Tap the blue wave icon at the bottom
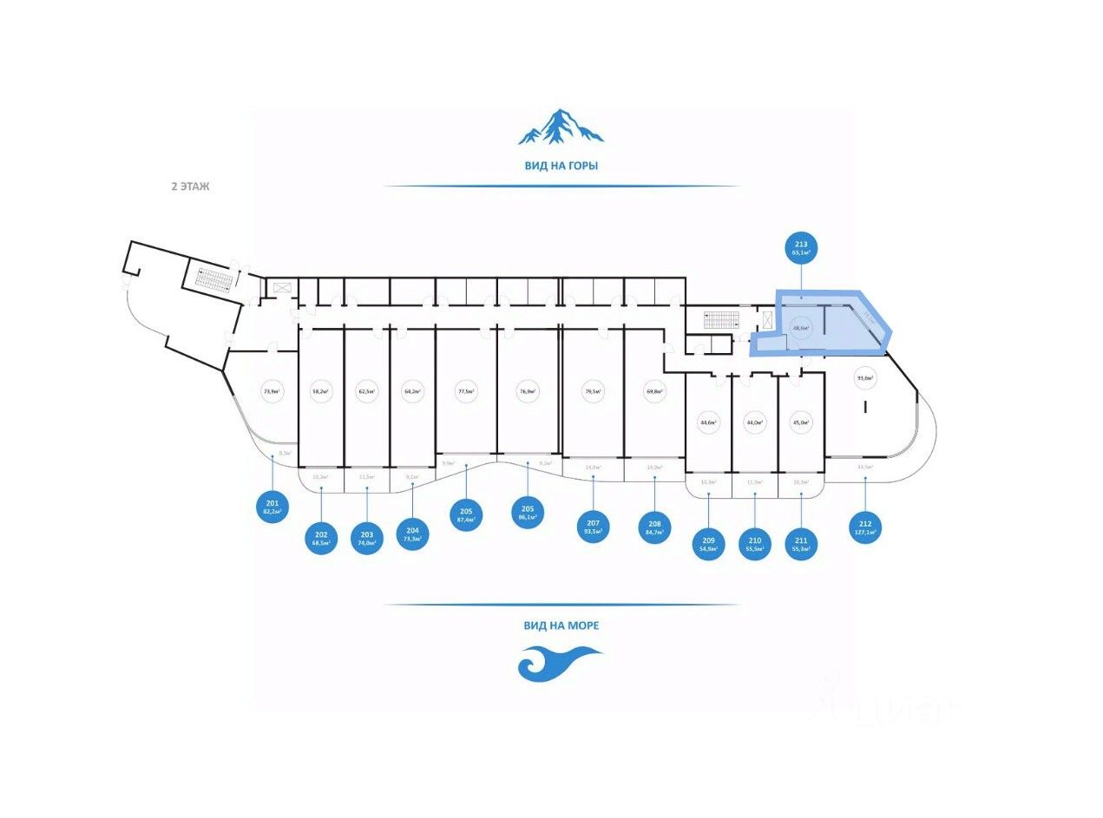click(559, 664)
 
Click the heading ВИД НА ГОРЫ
click(561, 165)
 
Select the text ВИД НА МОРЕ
click(561, 625)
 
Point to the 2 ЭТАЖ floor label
click(190, 186)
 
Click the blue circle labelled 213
click(800, 249)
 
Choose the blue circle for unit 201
click(272, 505)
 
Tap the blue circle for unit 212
click(865, 527)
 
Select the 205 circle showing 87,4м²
click(466, 514)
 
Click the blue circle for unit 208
click(653, 527)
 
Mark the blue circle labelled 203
click(367, 538)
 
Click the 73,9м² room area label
click(272, 391)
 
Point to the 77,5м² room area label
click(467, 391)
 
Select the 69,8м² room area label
click(654, 391)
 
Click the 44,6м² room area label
click(708, 422)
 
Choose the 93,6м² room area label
click(865, 377)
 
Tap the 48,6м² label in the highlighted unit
click(800, 328)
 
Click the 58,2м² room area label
click(321, 391)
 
